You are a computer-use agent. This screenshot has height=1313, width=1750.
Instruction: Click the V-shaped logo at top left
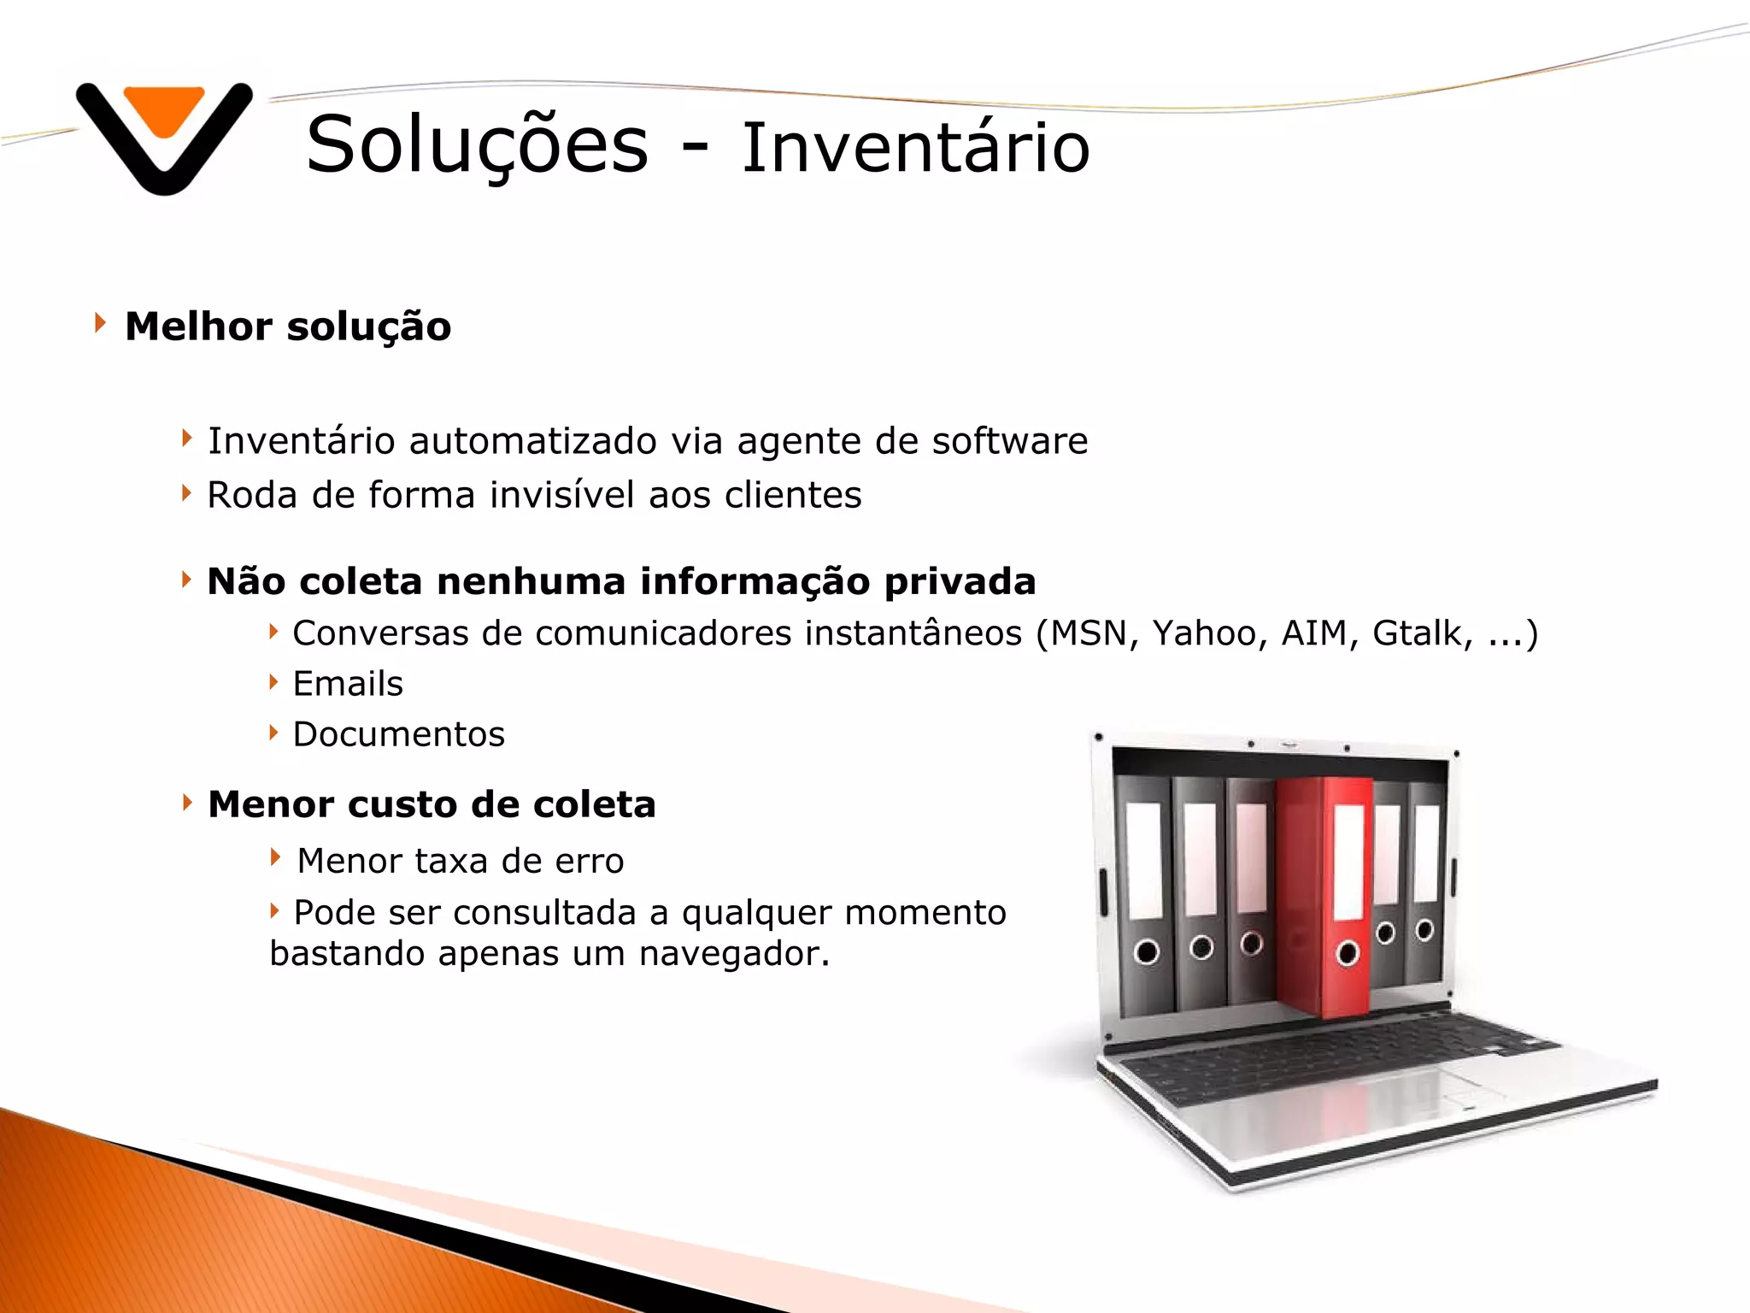point(164,137)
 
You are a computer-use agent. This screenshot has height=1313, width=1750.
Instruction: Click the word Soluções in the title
point(477,145)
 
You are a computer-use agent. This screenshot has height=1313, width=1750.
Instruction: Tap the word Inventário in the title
point(915,148)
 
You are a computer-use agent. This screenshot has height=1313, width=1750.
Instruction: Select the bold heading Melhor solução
point(288,327)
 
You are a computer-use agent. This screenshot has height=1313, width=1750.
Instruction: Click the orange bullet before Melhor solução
point(100,323)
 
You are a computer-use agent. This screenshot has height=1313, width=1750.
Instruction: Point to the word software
point(1009,441)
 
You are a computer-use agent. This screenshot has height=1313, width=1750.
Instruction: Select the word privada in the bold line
point(960,581)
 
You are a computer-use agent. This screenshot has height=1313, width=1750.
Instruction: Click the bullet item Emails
point(347,684)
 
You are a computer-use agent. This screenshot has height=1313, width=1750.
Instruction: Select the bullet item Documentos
point(398,734)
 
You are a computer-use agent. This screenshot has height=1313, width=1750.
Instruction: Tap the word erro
point(590,861)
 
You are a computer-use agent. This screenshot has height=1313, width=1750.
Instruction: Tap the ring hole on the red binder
point(1348,952)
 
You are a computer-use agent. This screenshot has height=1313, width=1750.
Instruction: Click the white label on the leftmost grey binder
point(1144,859)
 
